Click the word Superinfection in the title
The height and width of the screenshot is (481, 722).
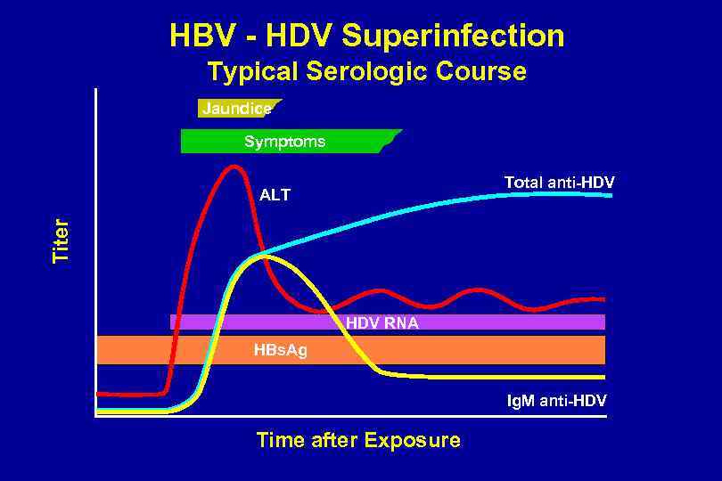(453, 36)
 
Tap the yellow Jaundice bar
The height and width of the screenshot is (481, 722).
(236, 109)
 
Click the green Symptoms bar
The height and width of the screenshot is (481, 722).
(285, 142)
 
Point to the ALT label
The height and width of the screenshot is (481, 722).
(275, 195)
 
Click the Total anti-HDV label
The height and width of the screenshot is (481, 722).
(559, 183)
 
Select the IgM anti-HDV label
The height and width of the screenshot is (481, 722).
(557, 402)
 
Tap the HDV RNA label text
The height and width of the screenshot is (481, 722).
(382, 323)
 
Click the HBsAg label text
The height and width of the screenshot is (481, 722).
(280, 350)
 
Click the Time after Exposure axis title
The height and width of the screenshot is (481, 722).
(358, 440)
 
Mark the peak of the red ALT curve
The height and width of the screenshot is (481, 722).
(234, 166)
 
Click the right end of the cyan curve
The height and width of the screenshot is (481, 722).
(611, 194)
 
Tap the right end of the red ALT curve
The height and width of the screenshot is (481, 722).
(603, 299)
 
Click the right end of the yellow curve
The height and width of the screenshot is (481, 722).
(603, 378)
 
